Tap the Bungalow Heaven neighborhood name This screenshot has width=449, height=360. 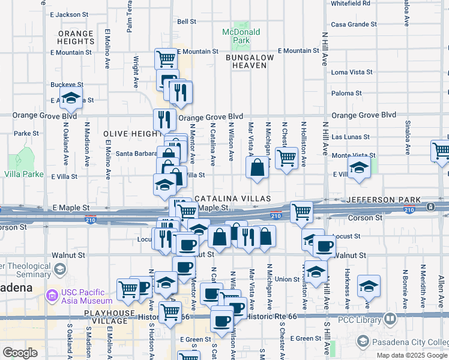pyautogui.click(x=249, y=61)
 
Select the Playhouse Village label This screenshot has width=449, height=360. pyautogui.click(x=110, y=313)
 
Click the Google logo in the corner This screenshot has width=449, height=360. pyautogui.click(x=20, y=353)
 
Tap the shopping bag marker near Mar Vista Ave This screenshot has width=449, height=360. pyautogui.click(x=257, y=169)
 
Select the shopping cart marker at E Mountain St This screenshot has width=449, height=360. pyautogui.click(x=166, y=59)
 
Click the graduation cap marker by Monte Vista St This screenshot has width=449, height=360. pyautogui.click(x=358, y=169)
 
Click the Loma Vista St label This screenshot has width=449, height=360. pyautogui.click(x=352, y=72)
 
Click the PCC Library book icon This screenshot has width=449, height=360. pyautogui.click(x=390, y=319)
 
